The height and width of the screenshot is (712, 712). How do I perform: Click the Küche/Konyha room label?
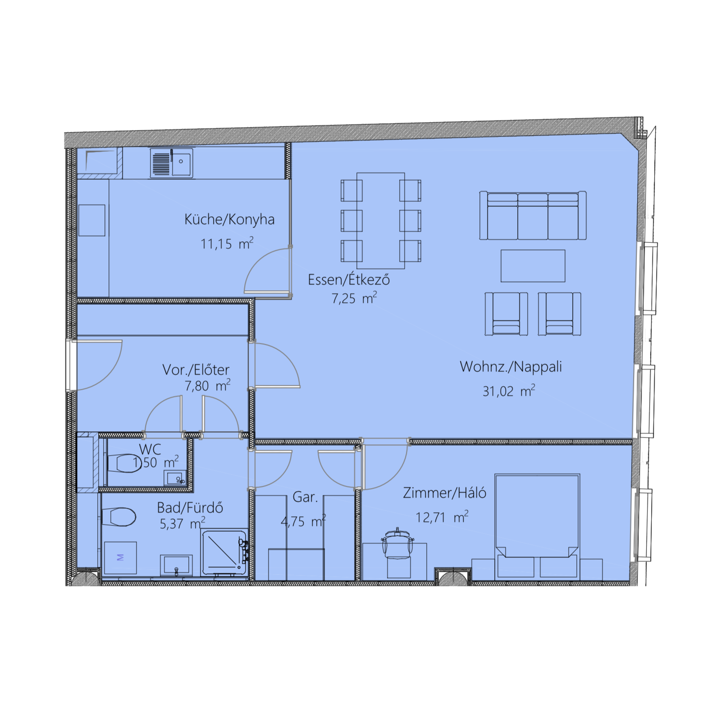coord(229,219)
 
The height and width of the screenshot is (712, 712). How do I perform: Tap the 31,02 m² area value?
coord(509,391)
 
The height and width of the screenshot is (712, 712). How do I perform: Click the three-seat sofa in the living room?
coord(533,215)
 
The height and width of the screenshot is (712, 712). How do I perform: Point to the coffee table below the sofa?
coord(533,266)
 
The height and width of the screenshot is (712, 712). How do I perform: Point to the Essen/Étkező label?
coord(349,279)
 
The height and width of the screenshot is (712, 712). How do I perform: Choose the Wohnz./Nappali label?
coord(511,367)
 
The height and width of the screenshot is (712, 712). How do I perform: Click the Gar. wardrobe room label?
coord(305,497)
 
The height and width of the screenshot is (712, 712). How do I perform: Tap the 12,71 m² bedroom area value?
coord(442,517)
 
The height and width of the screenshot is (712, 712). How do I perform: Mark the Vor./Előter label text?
coord(196,370)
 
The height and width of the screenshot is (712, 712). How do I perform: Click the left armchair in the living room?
coord(506,314)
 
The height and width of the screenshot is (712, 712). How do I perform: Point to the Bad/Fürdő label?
coord(190,508)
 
